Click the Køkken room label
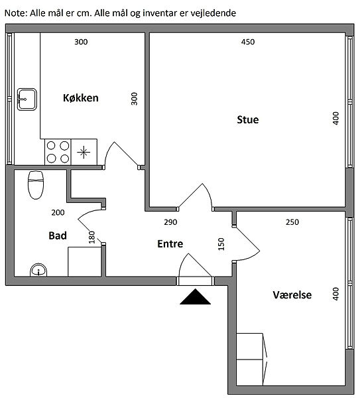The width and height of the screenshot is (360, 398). (81, 98)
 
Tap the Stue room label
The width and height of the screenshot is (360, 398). (248, 119)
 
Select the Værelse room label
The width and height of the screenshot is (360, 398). (292, 295)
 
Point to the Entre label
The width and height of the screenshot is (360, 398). (170, 243)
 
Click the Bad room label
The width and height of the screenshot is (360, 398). (58, 235)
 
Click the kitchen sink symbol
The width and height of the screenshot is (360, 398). (27, 99)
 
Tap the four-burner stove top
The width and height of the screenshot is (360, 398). (58, 152)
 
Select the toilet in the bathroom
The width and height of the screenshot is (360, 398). (36, 185)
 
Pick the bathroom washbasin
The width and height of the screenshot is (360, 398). (38, 270)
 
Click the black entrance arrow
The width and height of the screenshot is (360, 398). (195, 297)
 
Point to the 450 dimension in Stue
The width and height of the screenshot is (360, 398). (248, 42)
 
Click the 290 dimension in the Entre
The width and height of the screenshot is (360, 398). (170, 222)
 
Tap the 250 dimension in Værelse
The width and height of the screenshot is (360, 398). (292, 222)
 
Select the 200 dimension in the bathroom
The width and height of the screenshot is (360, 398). (58, 212)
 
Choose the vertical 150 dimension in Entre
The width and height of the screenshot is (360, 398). (221, 244)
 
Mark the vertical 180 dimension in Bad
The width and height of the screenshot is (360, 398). (92, 237)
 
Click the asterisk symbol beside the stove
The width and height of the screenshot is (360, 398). (84, 153)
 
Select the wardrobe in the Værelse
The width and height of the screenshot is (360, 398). (252, 360)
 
